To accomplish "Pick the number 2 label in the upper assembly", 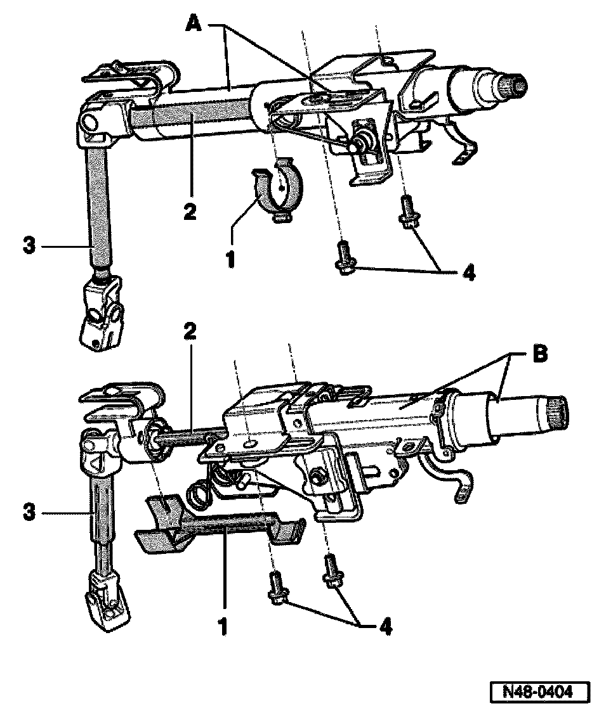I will [x=189, y=211].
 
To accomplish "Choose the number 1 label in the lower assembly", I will [x=222, y=626].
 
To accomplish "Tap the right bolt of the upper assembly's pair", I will [x=406, y=212].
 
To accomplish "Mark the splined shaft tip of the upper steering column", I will [x=511, y=84].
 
